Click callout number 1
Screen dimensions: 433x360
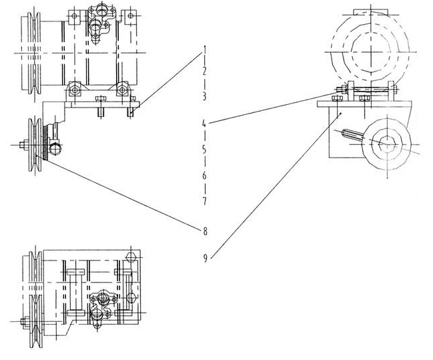pyautogui.click(x=205, y=50)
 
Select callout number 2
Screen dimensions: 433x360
pyautogui.click(x=204, y=71)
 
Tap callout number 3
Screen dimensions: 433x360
pyautogui.click(x=204, y=96)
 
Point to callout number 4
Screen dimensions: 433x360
pyautogui.click(x=204, y=123)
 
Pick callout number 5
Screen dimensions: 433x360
pyautogui.click(x=204, y=150)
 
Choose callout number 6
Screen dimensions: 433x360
pyautogui.click(x=204, y=175)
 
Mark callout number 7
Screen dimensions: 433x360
pyautogui.click(x=205, y=201)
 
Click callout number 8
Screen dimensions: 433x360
pyautogui.click(x=205, y=231)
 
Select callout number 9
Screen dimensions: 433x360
pyautogui.click(x=205, y=258)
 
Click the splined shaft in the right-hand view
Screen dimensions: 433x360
pyautogui.click(x=353, y=136)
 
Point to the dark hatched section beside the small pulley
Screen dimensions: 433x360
pyautogui.click(x=45, y=142)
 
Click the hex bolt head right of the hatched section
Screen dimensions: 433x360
pyautogui.click(x=55, y=149)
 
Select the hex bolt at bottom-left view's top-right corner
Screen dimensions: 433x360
pyautogui.click(x=131, y=257)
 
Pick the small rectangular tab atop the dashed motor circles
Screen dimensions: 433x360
pyautogui.click(x=370, y=11)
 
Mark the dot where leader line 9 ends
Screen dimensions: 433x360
pyautogui.click(x=342, y=114)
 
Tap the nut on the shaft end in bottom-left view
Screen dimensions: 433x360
pyautogui.click(x=24, y=321)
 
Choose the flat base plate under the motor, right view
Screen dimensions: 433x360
pyautogui.click(x=364, y=104)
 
